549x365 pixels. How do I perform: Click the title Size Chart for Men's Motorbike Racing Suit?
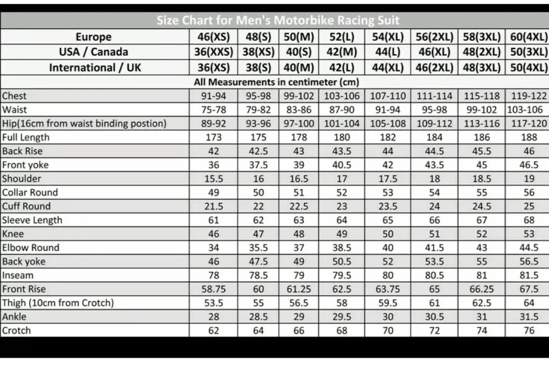point(278,21)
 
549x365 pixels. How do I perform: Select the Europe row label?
point(93,37)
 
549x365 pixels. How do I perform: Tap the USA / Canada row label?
point(93,52)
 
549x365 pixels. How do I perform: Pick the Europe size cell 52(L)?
point(341,37)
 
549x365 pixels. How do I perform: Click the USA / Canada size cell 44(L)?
point(388,52)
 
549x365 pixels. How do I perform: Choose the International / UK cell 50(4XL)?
point(529,68)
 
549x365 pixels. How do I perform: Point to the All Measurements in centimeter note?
point(276,82)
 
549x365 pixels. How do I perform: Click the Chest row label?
point(15,96)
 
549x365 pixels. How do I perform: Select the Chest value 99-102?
point(299,96)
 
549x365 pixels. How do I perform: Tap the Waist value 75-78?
point(213,110)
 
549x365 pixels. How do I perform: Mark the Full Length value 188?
point(529,137)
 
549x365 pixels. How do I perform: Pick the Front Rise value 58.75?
point(213,289)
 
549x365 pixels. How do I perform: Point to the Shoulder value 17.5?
point(388,179)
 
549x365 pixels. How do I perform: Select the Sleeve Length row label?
point(32,220)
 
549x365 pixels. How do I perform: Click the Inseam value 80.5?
point(434,276)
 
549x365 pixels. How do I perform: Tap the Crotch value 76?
point(529,331)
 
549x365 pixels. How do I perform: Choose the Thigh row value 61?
point(434,303)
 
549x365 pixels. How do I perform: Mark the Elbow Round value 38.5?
point(341,248)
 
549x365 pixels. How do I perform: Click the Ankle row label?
point(14,317)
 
